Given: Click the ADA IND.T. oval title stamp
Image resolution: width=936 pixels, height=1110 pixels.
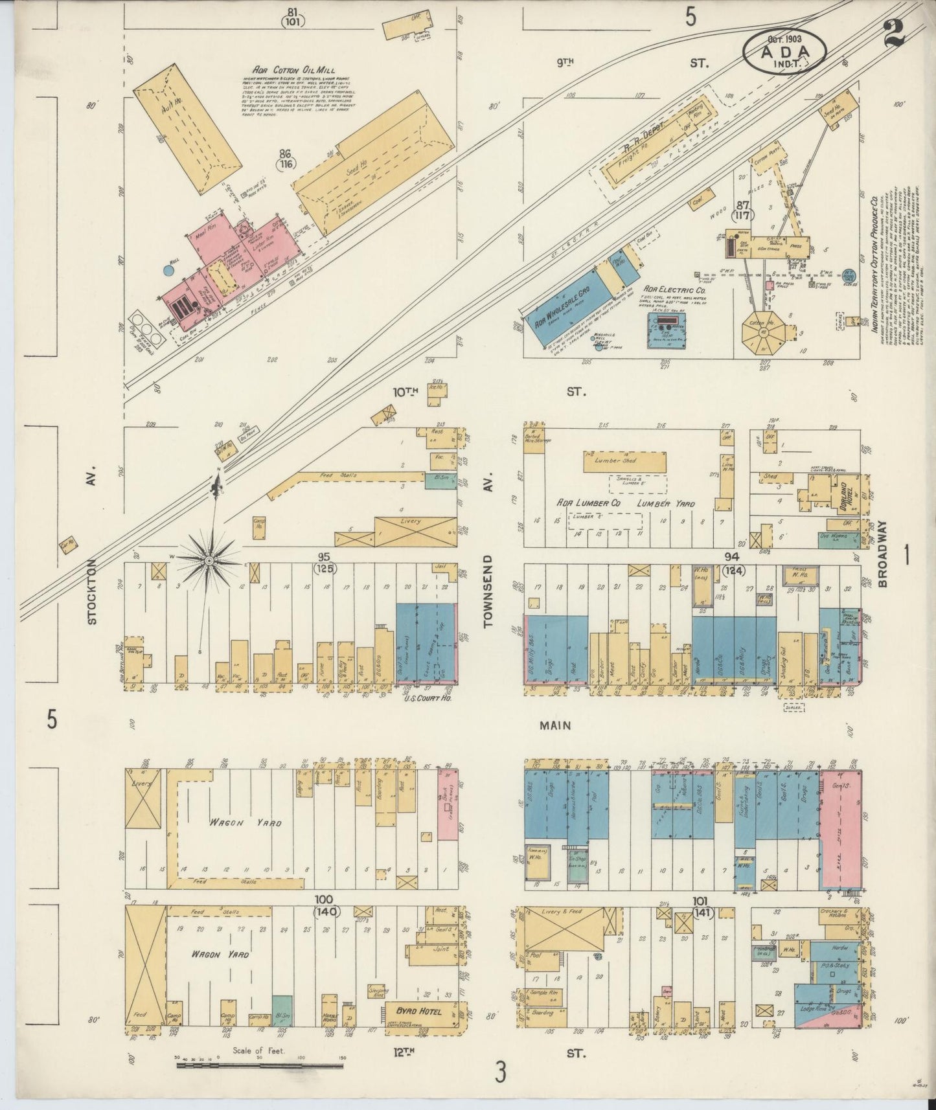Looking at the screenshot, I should click(784, 51).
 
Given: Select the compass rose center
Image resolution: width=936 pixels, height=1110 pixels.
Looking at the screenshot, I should click(210, 559).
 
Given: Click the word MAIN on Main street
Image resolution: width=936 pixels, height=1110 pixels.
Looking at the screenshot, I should click(555, 726).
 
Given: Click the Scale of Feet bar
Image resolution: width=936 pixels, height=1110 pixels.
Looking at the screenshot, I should click(259, 1065).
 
